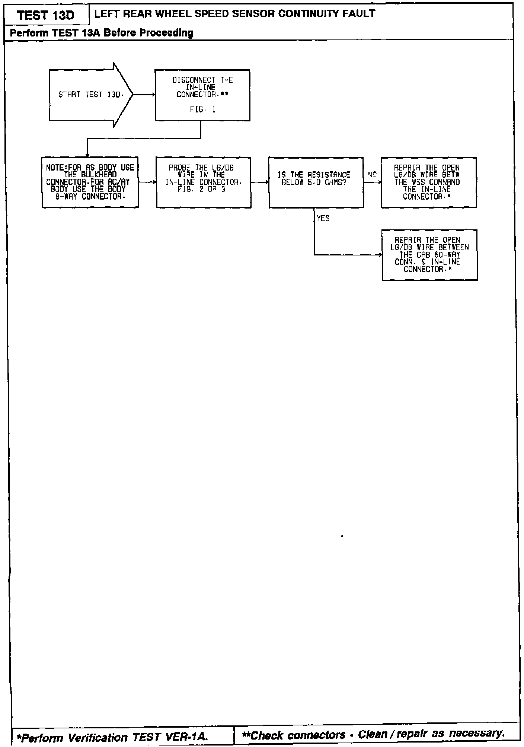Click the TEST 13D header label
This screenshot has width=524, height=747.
(x=46, y=15)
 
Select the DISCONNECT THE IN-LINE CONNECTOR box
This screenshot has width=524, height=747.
(x=202, y=95)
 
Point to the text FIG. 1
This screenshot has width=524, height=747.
(x=202, y=109)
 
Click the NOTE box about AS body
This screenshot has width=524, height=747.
(x=90, y=182)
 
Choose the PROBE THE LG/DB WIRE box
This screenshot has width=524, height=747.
(x=203, y=182)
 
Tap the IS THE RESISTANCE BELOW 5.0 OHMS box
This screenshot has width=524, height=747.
(x=316, y=182)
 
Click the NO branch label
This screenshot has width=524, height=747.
(x=372, y=175)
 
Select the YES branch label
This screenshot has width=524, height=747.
(x=323, y=219)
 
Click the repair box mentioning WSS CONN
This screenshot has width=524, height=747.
(x=429, y=182)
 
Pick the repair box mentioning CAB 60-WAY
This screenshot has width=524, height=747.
(x=429, y=255)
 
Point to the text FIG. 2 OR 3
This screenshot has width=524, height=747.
(x=201, y=190)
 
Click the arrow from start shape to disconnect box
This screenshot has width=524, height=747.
(x=144, y=95)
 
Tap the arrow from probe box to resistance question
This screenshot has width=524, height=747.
(x=260, y=182)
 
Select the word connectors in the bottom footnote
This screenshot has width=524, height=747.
(x=316, y=735)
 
